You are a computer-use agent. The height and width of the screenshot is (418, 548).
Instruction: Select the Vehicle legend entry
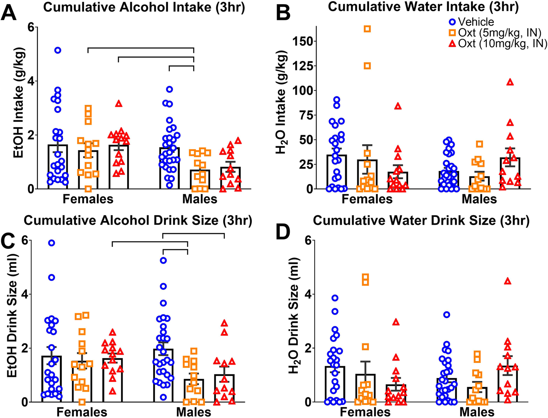pos(472,22)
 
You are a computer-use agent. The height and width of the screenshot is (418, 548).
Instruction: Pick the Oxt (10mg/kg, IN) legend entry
pos(498,43)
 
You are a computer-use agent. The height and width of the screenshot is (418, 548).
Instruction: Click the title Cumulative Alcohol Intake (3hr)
pos(144,8)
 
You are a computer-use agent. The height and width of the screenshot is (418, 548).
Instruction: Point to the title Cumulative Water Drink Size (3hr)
pos(421,221)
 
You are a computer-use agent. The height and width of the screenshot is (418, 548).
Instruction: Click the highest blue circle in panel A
pos(57,50)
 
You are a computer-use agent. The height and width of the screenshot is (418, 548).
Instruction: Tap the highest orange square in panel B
pos(367,29)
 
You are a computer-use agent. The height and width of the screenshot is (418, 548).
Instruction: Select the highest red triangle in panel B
pos(510,82)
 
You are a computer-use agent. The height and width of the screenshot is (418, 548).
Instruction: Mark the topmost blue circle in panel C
pos(51,243)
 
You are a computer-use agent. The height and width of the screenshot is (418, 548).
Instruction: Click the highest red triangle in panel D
pos(507,281)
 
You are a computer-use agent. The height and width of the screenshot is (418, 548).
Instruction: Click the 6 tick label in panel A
pos(30,27)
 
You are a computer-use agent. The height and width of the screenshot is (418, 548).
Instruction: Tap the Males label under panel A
pos(200,199)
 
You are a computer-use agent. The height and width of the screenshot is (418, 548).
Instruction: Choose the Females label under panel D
pos(365,412)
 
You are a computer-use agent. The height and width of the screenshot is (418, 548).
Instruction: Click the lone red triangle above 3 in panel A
pos(119,103)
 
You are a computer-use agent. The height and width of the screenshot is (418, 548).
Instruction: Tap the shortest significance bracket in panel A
pos(181,66)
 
